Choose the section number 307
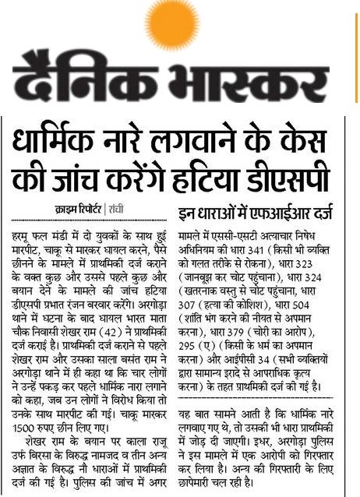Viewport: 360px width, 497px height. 192,292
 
